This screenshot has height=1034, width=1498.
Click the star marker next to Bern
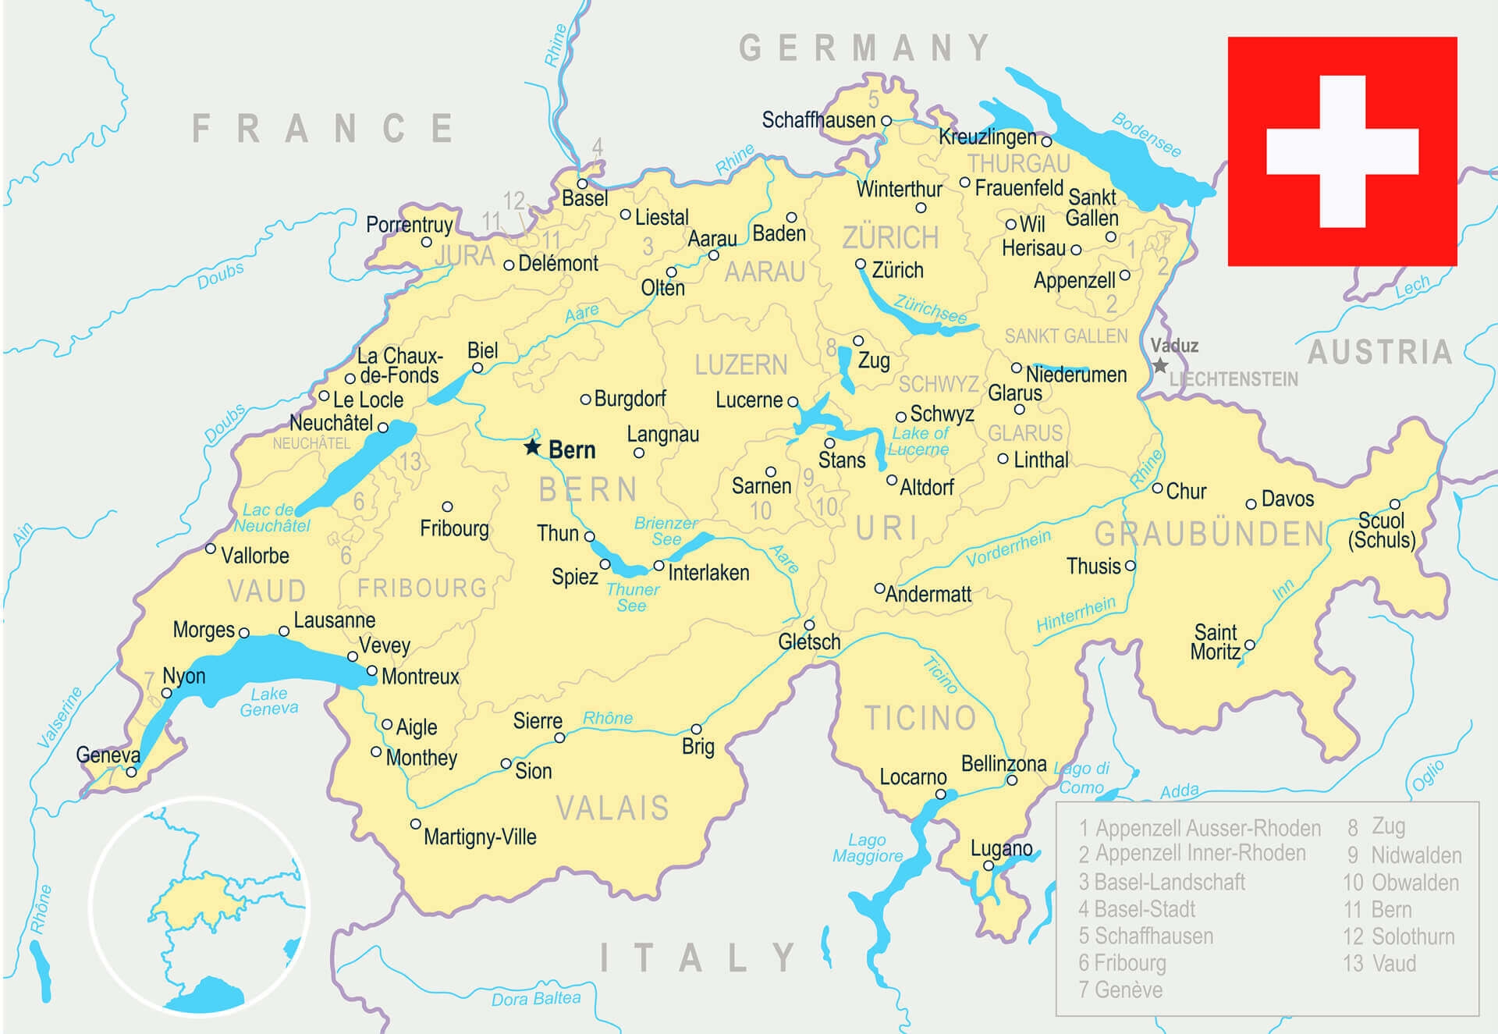pos(532,447)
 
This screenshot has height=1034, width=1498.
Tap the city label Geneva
pos(108,755)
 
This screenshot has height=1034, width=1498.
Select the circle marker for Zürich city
pos(861,265)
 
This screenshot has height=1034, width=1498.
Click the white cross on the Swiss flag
pos(1342,151)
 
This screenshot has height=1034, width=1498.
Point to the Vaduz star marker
pos(1160,365)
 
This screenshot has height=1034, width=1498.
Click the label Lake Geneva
pos(269,701)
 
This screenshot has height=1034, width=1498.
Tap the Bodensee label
pos(1146,134)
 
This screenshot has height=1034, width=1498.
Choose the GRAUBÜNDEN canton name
pos(1209,535)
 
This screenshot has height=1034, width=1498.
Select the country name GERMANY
pos(864,48)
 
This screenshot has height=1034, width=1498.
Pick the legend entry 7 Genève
pos(1120,990)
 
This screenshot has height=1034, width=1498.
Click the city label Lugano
pos(1001,848)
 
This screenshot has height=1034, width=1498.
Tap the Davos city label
pos(1287,499)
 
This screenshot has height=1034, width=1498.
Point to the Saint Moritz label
pos(1215,642)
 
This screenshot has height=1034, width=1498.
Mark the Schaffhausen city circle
pos(886,121)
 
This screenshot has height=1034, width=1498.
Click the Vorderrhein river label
pos(1008,548)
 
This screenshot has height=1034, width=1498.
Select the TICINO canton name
pos(920,718)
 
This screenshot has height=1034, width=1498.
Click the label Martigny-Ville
pos(480,837)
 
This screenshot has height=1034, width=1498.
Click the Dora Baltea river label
pos(536,998)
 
